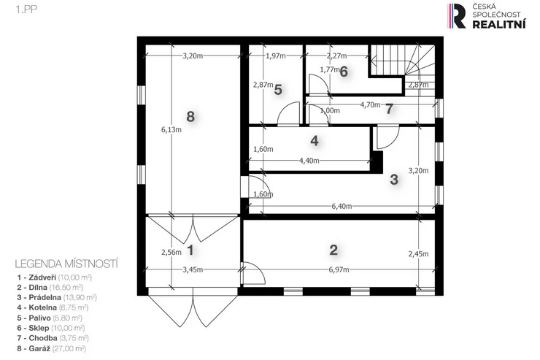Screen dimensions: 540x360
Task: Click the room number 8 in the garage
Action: coord(190,117)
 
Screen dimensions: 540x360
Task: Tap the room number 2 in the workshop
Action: coord(333,250)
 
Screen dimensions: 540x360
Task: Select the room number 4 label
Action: coord(314,140)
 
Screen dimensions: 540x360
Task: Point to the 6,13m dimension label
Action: coord(171,129)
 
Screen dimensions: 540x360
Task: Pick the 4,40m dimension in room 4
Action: coord(309,160)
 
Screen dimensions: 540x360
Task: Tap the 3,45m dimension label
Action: coord(193,269)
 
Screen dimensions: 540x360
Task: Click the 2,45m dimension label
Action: coord(418,254)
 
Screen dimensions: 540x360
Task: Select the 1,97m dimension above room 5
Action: coord(276,55)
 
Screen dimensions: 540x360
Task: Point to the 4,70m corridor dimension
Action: coord(370,104)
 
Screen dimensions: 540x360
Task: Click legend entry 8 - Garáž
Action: coord(51,348)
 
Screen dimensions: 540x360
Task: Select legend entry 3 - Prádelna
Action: coord(57,297)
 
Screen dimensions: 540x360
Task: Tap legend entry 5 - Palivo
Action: coord(50,318)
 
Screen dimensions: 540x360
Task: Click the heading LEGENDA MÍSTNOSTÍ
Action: coord(66,264)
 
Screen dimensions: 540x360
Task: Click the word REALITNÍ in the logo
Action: coord(498,24)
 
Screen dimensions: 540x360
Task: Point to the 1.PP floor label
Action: coord(26,9)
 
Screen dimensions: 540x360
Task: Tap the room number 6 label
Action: coord(344,72)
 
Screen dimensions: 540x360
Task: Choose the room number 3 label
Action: coord(394,180)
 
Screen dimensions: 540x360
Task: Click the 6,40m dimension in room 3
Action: coord(342,206)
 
